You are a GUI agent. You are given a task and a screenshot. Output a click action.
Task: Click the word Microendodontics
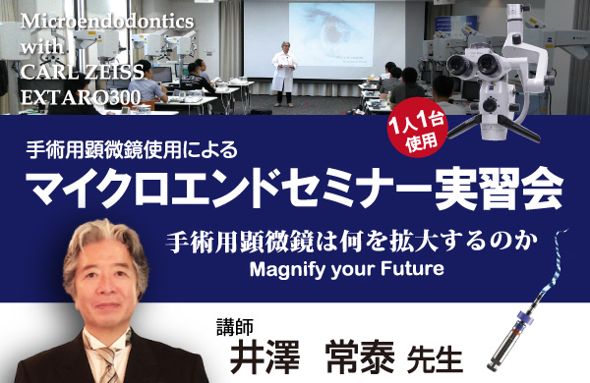pyautogui.click(x=107, y=22)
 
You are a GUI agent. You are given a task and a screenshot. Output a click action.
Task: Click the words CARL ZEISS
pyautogui.click(x=83, y=72)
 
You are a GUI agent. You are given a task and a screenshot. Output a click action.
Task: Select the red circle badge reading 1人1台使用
pyautogui.click(x=418, y=128)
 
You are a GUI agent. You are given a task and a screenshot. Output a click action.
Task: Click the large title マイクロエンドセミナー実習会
pyautogui.click(x=295, y=187)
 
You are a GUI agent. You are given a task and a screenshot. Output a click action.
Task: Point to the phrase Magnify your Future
pyautogui.click(x=346, y=269)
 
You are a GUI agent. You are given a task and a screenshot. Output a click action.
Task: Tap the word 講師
pyautogui.click(x=235, y=327)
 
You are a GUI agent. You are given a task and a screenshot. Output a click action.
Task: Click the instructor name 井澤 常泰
pyautogui.click(x=313, y=356)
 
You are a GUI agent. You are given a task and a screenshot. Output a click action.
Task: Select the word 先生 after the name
pyautogui.click(x=435, y=360)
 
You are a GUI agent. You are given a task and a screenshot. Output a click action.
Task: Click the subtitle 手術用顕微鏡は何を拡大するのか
pyautogui.click(x=352, y=243)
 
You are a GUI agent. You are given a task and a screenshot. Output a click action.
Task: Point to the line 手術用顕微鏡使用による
pyautogui.click(x=132, y=149)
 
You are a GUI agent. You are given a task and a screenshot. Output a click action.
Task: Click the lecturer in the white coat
pyautogui.click(x=284, y=74)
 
